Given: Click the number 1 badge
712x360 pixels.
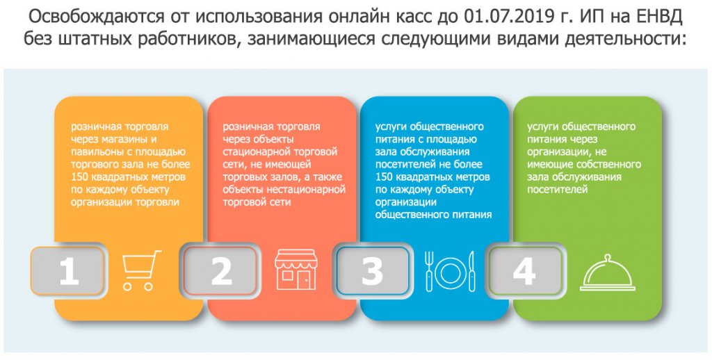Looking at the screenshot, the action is pos(67,271).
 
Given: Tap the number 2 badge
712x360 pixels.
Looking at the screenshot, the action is pos(220,271).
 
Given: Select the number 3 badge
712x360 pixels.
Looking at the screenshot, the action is pos(373,271).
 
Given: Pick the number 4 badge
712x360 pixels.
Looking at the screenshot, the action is pos(526,271).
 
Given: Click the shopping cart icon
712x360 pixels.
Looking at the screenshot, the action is pos(141,270).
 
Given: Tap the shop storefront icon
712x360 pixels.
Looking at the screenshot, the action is pos(296,269).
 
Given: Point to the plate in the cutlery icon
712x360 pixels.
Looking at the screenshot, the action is pos(448,271).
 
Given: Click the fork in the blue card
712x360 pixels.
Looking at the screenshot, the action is pos(428,271).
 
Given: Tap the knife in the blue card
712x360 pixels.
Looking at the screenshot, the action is pos(471,271).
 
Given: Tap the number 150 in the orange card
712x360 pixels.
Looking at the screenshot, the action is pos(80,177).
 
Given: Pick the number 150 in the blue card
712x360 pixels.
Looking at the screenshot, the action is pos(385,177).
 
